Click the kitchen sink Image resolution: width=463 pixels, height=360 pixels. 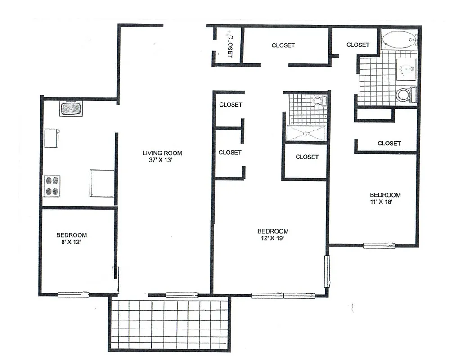[71, 108]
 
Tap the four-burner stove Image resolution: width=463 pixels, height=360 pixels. [52, 186]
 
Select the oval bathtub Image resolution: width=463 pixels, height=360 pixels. [399, 40]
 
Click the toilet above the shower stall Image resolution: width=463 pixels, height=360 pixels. [319, 100]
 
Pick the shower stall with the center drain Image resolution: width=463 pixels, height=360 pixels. [306, 133]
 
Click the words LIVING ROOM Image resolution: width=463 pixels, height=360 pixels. [162, 153]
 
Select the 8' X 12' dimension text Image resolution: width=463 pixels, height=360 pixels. [71, 242]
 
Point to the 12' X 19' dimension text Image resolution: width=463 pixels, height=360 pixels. [273, 238]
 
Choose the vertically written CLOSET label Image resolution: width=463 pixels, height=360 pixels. [230, 46]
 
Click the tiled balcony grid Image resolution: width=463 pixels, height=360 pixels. [170, 324]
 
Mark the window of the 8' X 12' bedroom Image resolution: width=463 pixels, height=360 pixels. [73, 294]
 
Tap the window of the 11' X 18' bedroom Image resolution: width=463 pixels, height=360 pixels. [379, 246]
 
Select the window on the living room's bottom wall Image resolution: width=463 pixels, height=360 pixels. [182, 295]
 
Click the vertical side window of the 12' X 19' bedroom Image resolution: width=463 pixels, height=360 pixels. [327, 271]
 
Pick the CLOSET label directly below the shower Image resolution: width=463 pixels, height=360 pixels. [307, 157]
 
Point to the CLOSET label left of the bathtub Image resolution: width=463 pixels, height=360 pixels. [358, 45]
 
